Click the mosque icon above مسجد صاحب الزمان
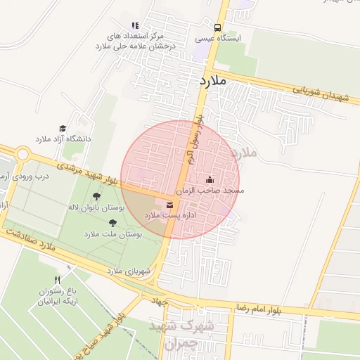pos(209,180)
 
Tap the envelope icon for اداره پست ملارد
pos(169,205)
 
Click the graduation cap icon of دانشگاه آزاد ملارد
pos(63,129)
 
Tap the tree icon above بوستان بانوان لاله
pos(96,196)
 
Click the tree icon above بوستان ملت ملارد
pos(112,223)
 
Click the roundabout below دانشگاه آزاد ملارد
pos(22,153)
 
